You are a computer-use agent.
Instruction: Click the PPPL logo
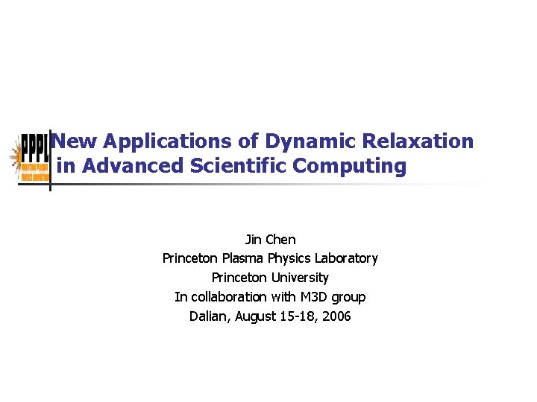[32, 157]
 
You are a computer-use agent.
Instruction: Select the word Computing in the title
[350, 165]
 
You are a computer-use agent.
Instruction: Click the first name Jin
[254, 240]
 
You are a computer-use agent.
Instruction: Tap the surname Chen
[281, 240]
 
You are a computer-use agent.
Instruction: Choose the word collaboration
[228, 297]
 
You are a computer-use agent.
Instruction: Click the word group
[349, 297]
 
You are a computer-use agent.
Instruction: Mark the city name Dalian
[210, 316]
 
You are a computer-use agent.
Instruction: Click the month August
[257, 316]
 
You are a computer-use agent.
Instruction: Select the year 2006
[336, 316]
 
